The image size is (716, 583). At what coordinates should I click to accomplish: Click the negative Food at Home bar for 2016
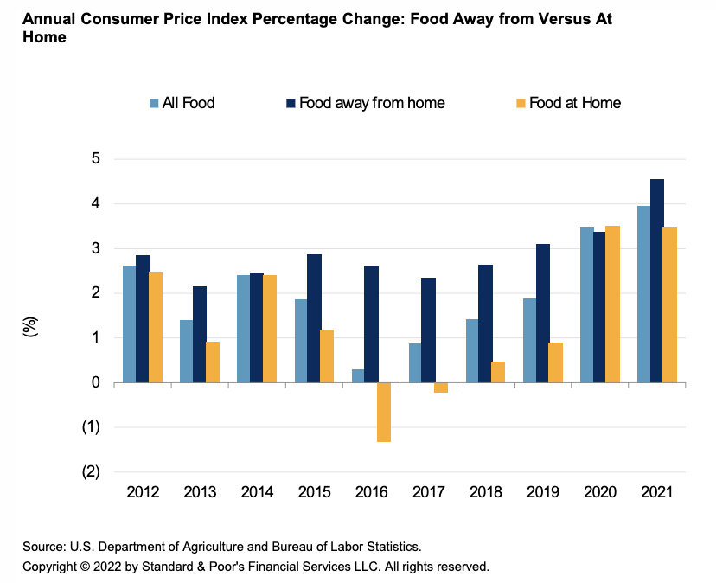(384, 413)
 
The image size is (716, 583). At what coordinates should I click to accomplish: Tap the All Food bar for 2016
(358, 376)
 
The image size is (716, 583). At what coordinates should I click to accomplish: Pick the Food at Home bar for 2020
(613, 304)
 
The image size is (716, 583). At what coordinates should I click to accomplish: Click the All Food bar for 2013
(186, 351)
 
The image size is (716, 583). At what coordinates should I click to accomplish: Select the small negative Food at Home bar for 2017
(441, 388)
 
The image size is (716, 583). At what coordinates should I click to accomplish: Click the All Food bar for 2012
(129, 324)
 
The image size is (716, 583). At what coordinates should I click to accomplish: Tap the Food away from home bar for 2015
(314, 318)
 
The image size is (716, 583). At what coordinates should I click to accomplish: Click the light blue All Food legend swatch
(153, 103)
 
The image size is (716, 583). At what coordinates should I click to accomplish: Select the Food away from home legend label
(372, 103)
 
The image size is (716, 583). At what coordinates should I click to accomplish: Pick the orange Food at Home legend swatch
(521, 103)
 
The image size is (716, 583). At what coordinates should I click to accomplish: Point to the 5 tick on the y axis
(95, 159)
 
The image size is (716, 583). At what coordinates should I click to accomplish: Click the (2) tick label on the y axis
(92, 472)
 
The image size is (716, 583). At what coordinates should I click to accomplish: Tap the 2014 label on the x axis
(257, 492)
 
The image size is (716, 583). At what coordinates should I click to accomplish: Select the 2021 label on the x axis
(657, 492)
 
